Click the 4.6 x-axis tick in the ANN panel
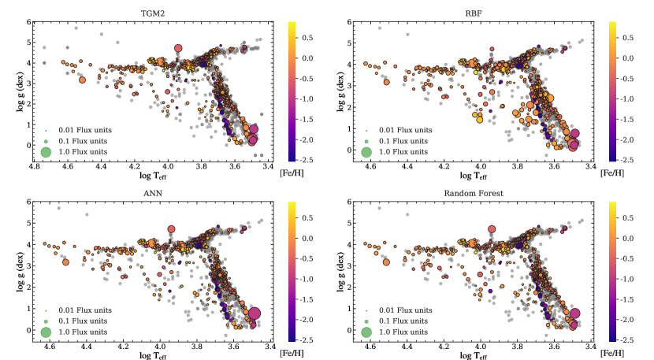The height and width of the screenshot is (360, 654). [50, 347]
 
